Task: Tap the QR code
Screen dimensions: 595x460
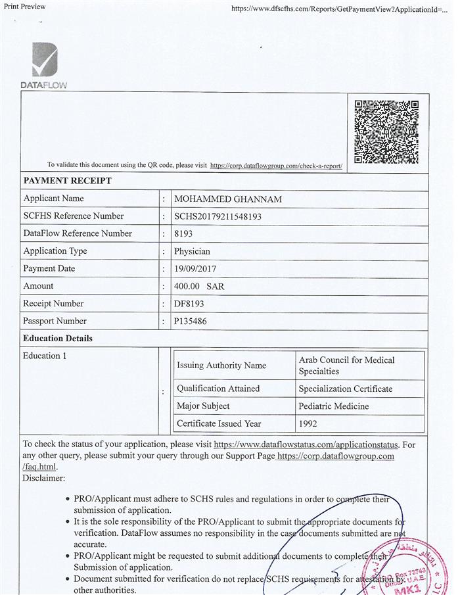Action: (386, 131)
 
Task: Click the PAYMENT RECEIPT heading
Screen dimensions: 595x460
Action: (68, 181)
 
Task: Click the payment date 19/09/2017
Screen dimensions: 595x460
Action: (196, 269)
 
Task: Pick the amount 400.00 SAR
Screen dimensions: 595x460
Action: (199, 287)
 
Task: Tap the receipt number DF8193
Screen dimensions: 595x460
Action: (191, 304)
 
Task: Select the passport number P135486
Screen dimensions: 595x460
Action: (193, 321)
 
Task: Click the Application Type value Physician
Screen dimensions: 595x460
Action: (192, 251)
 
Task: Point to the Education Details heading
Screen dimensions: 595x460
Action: (58, 339)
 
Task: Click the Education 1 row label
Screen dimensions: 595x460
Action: (45, 356)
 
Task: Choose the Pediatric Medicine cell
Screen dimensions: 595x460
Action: (334, 406)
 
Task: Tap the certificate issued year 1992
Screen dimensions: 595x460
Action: (308, 424)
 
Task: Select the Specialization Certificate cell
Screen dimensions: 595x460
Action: (345, 389)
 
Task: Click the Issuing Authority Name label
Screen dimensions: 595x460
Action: (221, 366)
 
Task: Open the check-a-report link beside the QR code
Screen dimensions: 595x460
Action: (276, 166)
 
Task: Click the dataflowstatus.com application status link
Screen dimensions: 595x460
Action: (306, 445)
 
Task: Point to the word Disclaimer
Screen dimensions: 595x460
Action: (43, 478)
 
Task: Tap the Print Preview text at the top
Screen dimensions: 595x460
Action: (25, 6)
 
